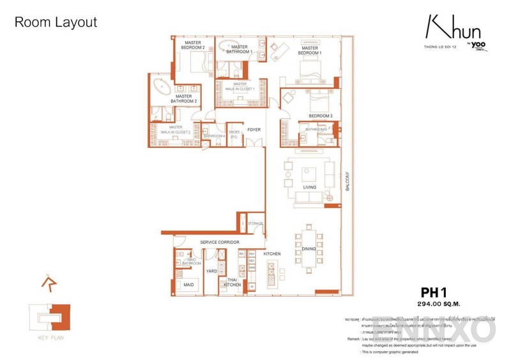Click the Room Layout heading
tap(56, 22)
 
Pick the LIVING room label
tap(310, 187)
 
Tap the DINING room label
tap(309, 248)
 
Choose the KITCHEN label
tap(272, 254)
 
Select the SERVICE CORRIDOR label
tap(219, 243)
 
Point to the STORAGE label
tap(256, 224)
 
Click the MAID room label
tap(188, 285)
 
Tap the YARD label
tap(211, 271)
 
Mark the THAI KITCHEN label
tap(231, 282)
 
